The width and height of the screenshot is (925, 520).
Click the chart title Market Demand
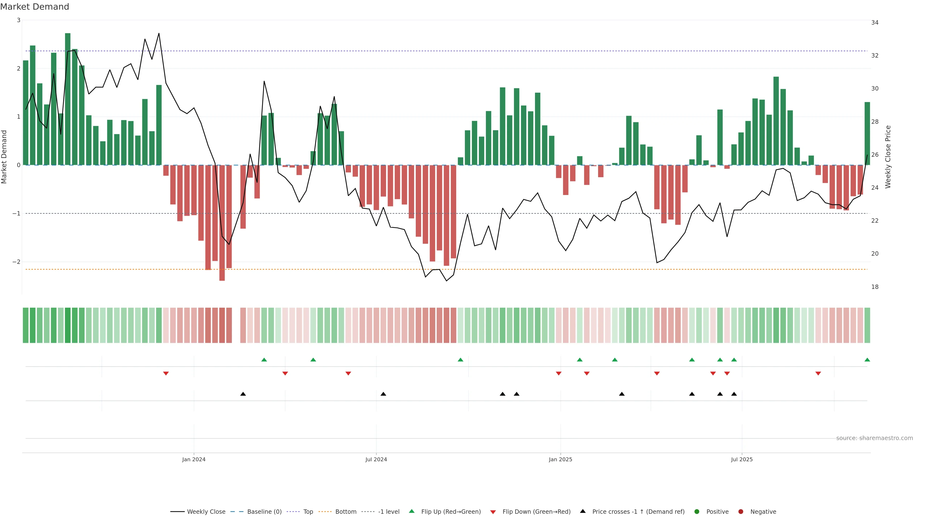(x=34, y=7)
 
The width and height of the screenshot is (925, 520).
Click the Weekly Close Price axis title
(x=888, y=157)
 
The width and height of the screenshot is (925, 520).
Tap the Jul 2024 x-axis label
(x=376, y=459)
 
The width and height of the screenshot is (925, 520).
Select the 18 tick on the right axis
(x=875, y=287)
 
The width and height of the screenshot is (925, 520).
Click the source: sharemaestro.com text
(x=874, y=438)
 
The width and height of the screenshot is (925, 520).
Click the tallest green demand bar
(x=67, y=99)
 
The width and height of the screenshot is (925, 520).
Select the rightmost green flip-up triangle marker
(x=867, y=360)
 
